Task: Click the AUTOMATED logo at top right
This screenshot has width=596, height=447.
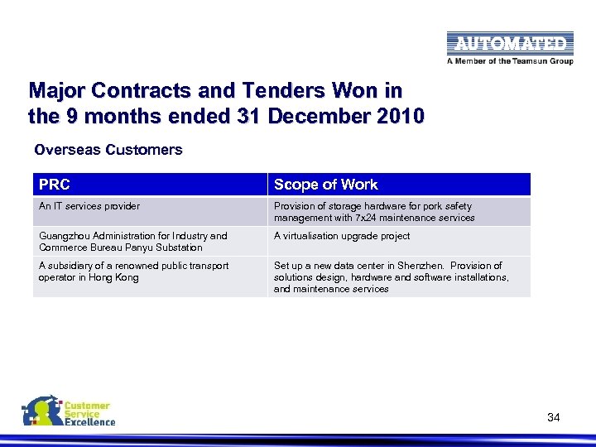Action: tap(509, 43)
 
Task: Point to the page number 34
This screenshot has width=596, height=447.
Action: tap(553, 417)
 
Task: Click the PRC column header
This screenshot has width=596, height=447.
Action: tap(55, 185)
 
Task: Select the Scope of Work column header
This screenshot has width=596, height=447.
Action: tap(325, 185)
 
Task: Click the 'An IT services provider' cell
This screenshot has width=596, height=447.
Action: tap(89, 206)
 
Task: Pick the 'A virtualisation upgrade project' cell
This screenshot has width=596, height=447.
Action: tap(342, 236)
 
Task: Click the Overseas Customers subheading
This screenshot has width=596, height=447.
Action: tap(108, 150)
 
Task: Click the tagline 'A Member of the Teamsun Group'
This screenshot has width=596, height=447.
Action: tap(509, 60)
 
